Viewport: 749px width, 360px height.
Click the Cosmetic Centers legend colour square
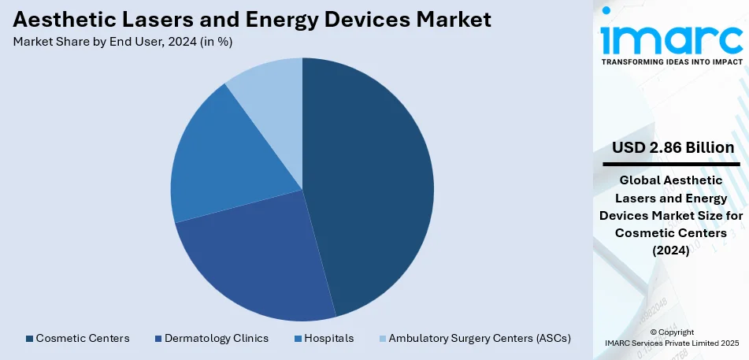(x=30, y=339)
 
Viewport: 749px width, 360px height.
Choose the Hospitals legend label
(x=329, y=339)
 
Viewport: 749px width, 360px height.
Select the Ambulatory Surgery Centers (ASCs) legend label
(x=480, y=339)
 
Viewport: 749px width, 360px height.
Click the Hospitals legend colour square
(x=298, y=339)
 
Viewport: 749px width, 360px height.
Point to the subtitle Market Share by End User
(x=122, y=42)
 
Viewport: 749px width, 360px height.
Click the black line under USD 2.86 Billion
(x=672, y=164)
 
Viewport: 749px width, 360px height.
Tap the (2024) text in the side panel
(x=672, y=251)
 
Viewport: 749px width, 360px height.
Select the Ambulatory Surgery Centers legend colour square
(x=383, y=339)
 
